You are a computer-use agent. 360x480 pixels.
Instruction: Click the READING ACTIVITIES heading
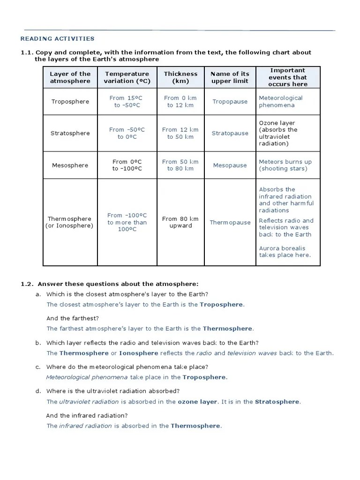point(58,39)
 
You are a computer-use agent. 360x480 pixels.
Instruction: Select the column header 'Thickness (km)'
point(180,77)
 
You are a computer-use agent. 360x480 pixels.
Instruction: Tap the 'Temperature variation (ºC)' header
point(127,77)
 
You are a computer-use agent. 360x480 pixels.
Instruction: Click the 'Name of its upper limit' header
point(230,77)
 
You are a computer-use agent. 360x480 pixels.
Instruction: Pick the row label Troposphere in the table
point(70,102)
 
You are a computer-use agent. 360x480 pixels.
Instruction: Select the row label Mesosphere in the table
point(70,165)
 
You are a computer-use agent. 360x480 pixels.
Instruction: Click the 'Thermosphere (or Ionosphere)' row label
point(70,222)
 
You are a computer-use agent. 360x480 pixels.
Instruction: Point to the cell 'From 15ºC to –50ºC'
point(127,102)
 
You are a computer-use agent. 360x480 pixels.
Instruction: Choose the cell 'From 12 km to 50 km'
point(180,133)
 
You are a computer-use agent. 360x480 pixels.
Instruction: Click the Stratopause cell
point(230,133)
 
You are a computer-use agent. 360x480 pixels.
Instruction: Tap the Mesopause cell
point(230,165)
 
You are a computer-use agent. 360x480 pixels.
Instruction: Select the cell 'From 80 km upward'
point(180,222)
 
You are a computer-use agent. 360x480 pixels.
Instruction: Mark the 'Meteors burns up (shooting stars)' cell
point(285,165)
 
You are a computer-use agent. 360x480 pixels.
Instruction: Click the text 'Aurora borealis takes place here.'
point(284,252)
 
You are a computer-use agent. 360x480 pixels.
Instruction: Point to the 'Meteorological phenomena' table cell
point(281,102)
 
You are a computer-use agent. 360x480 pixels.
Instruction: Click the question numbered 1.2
point(110,284)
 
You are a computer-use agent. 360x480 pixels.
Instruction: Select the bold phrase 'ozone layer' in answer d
point(197,402)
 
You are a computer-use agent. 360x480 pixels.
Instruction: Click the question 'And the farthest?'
point(72,318)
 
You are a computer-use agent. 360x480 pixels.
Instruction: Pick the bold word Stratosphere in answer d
point(277,402)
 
